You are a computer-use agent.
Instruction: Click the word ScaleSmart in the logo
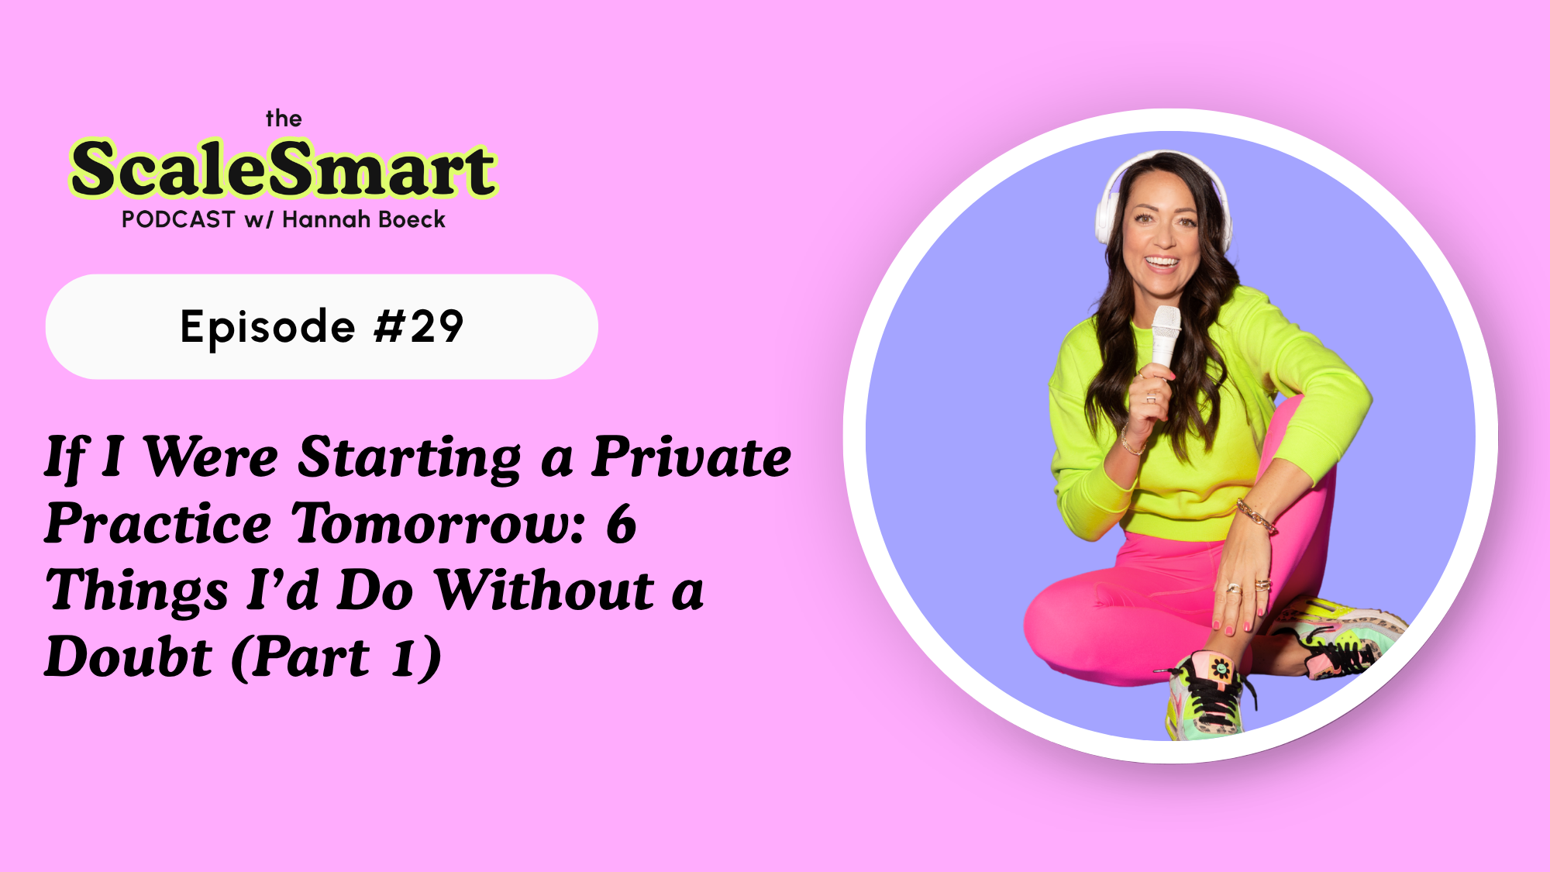[x=284, y=169]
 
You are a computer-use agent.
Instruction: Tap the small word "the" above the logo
[x=284, y=119]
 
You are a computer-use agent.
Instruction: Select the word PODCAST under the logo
[x=178, y=220]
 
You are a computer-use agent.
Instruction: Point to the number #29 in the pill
[x=419, y=326]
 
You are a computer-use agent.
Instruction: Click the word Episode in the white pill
[x=267, y=326]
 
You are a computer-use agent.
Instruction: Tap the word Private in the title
[x=691, y=457]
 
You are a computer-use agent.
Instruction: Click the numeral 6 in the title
[x=622, y=524]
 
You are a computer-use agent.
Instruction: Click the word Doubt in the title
[x=129, y=657]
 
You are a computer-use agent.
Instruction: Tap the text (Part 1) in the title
[x=336, y=657]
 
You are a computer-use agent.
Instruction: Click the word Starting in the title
[x=410, y=457]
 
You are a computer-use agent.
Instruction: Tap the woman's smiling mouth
[x=1162, y=262]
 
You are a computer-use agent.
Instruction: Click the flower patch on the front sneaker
[x=1221, y=667]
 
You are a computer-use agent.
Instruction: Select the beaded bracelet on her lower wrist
[x=1255, y=515]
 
